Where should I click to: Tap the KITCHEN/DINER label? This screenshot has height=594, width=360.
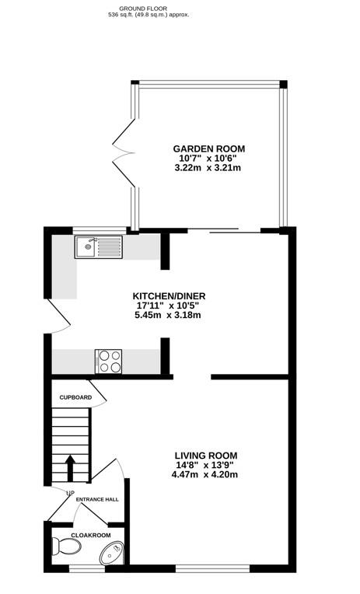169,296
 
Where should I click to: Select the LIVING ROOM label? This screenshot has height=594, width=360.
205,456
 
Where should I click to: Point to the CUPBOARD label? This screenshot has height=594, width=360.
76,398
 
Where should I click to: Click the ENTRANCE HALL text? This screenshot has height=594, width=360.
97,499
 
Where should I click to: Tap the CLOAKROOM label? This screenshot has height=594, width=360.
91,536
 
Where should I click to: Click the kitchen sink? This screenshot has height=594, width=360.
98,248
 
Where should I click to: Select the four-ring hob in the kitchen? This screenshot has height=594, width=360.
109,362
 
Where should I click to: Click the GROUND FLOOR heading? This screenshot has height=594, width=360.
149,6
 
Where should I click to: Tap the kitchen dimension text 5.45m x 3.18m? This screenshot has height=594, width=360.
169,315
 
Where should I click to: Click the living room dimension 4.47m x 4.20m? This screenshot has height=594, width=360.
205,474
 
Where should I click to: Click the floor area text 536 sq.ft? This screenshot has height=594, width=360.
149,15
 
